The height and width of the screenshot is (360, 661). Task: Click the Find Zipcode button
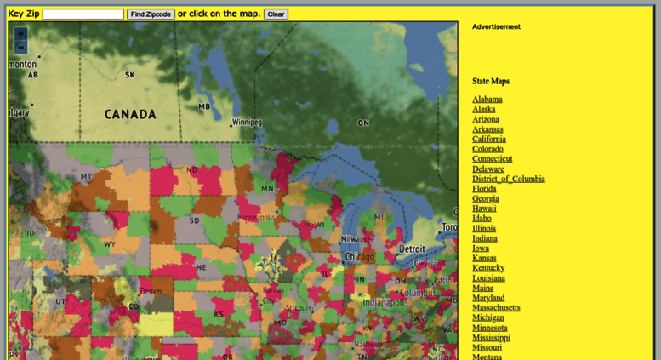151,14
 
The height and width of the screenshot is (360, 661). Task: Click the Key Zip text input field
83,14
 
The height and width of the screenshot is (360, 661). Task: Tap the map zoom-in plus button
20,34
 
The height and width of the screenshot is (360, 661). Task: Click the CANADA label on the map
130,114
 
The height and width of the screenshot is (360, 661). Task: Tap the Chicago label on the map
359,256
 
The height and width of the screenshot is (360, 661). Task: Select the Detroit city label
413,249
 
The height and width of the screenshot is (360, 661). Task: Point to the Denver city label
151,291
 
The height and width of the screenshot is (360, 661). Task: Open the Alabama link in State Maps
487,100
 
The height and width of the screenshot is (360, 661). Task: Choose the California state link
489,139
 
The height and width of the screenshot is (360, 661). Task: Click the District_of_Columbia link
509,179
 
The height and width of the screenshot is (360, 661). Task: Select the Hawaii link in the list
484,209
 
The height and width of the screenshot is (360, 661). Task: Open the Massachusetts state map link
496,308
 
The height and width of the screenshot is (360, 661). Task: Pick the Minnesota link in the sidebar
490,328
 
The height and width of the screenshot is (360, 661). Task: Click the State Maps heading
491,82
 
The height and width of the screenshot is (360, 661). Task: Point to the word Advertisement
496,27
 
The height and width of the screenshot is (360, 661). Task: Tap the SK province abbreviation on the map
129,75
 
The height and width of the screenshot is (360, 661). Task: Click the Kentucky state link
488,268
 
